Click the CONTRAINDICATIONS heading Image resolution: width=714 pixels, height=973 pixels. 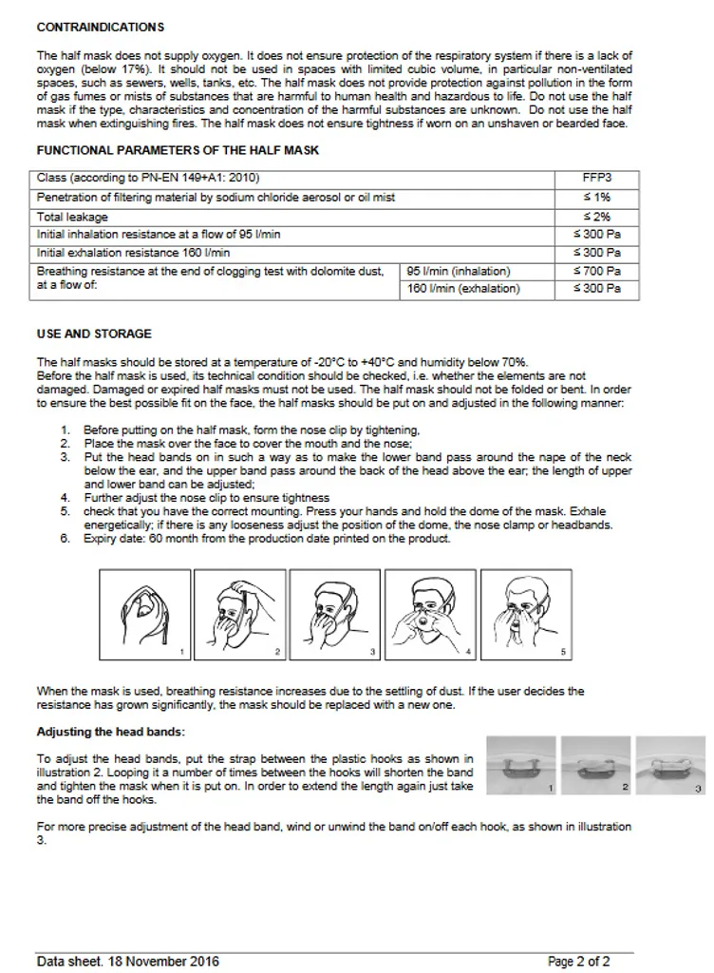pyautogui.click(x=100, y=27)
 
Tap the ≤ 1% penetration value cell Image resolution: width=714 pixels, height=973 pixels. pyautogui.click(x=596, y=198)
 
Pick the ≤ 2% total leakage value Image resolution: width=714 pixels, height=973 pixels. pyautogui.click(x=596, y=217)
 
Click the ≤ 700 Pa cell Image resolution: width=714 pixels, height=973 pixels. pyautogui.click(x=596, y=272)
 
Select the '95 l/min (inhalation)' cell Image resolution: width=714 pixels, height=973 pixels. pyautogui.click(x=459, y=272)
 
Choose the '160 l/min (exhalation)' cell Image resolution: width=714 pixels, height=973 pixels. pyautogui.click(x=463, y=289)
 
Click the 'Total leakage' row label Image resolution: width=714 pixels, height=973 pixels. pyautogui.click(x=73, y=217)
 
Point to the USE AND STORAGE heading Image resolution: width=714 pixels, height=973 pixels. pyautogui.click(x=94, y=334)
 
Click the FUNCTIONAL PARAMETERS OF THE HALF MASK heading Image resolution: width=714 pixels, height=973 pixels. pyautogui.click(x=178, y=150)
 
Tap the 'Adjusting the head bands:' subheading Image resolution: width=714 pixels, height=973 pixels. pyautogui.click(x=111, y=732)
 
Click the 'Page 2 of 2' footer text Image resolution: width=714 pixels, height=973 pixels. pyautogui.click(x=578, y=962)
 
